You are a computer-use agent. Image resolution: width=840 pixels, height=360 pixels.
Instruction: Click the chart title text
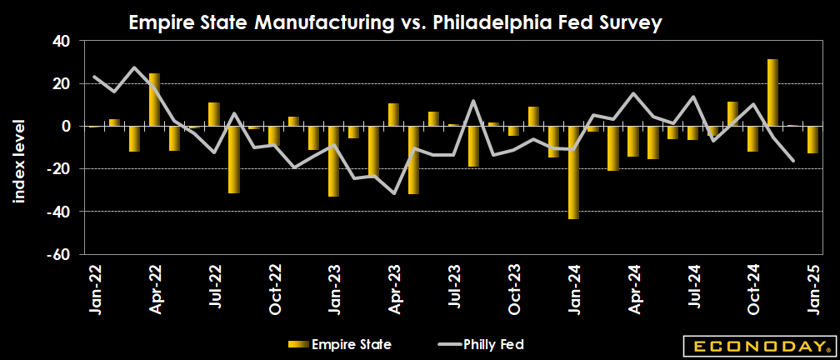tap(395, 23)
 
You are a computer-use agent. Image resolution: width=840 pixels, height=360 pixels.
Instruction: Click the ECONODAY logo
tap(756, 345)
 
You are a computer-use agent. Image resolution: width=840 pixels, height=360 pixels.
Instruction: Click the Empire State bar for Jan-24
tap(572, 172)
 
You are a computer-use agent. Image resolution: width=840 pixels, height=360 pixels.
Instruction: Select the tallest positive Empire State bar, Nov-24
tap(772, 92)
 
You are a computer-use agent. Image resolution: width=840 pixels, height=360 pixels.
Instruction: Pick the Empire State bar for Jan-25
tap(812, 140)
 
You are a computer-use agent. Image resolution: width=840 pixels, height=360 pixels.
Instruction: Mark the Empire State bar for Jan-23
tap(333, 161)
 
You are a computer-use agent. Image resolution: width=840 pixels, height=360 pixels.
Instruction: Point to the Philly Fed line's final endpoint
tap(792, 160)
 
